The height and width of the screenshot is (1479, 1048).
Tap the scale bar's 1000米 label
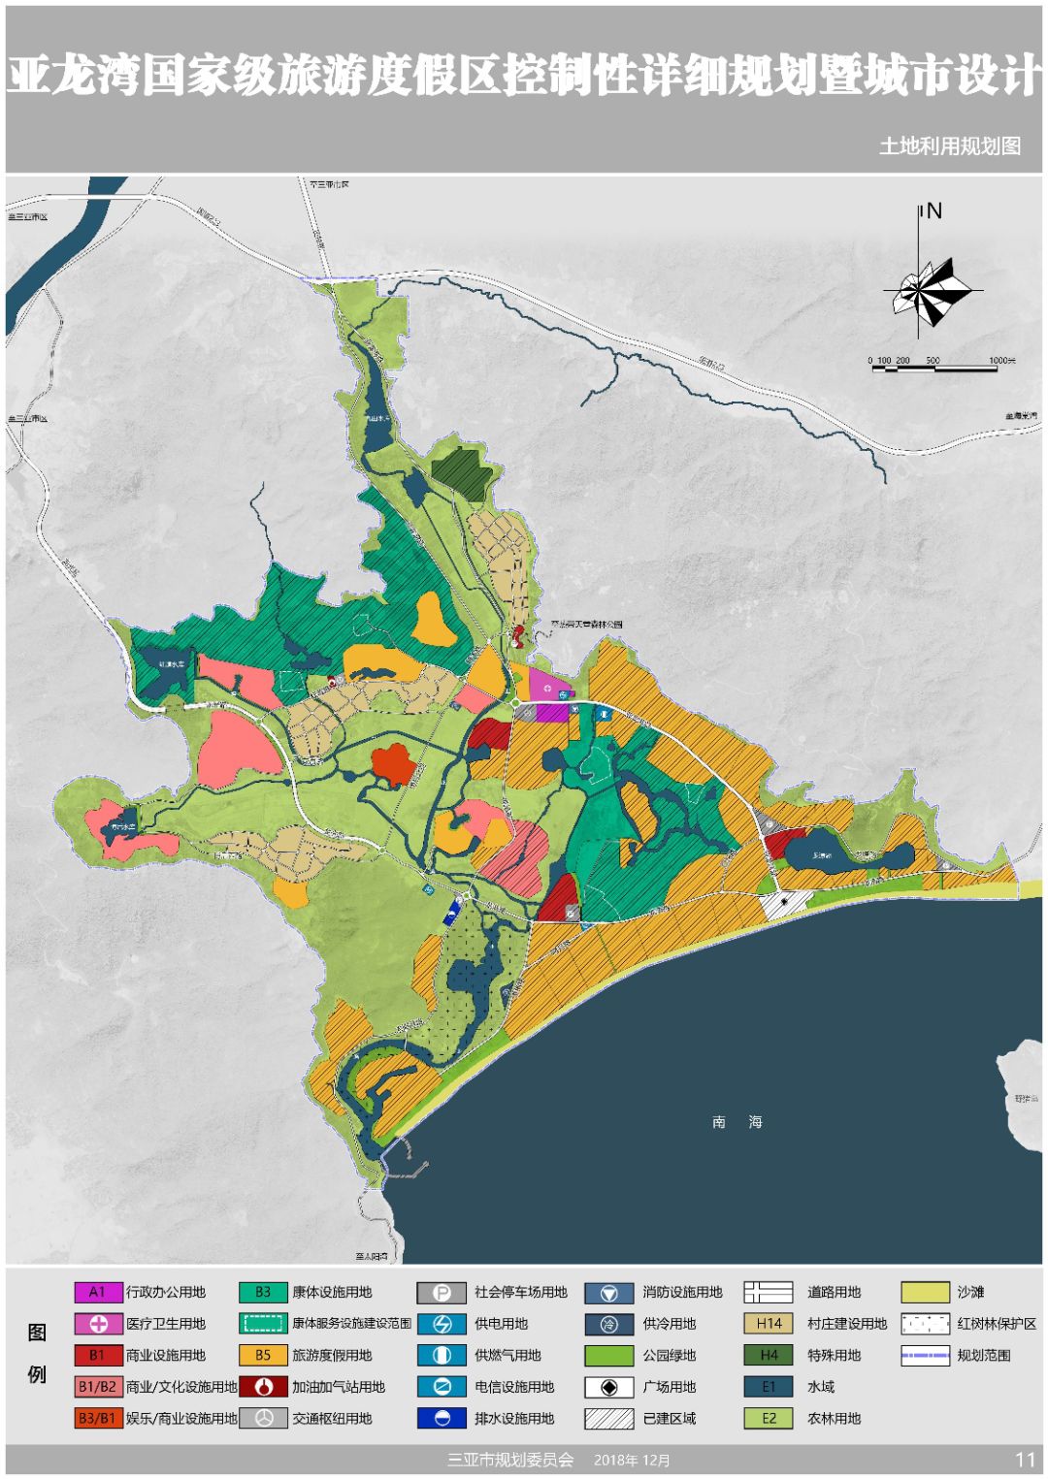(x=1002, y=361)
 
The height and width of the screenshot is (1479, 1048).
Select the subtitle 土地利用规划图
(x=949, y=145)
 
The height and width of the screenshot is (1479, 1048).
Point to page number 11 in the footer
(x=1025, y=1460)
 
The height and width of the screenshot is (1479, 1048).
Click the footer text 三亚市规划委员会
(x=510, y=1460)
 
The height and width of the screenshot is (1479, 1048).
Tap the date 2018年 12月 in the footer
(x=632, y=1460)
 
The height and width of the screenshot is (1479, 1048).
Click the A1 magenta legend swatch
(x=98, y=1292)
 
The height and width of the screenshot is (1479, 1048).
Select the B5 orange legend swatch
(x=263, y=1355)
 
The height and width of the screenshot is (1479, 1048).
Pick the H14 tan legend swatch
(x=769, y=1323)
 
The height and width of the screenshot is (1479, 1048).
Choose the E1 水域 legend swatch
(x=769, y=1387)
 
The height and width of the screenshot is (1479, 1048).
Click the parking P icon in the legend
(x=442, y=1292)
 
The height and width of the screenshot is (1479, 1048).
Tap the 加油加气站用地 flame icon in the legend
(x=263, y=1387)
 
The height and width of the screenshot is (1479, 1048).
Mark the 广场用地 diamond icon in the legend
(x=608, y=1387)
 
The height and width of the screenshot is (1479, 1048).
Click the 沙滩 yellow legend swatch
(x=924, y=1292)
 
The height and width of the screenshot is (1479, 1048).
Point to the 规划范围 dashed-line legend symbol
(x=924, y=1355)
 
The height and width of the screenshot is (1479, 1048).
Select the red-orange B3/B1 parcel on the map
(x=393, y=763)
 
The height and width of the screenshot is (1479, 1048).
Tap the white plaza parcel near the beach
(x=783, y=903)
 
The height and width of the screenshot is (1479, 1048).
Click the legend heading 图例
(x=37, y=1353)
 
